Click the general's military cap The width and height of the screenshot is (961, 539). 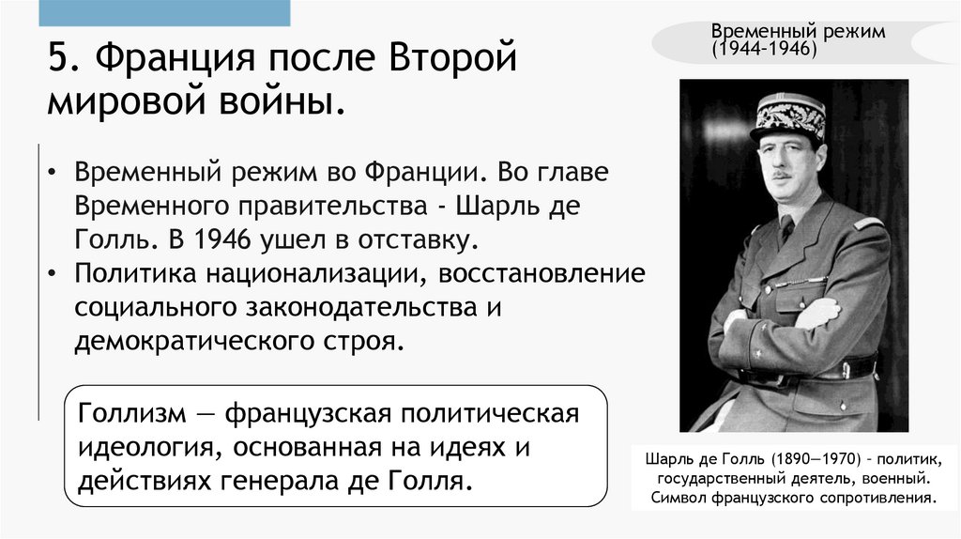(x=788, y=117)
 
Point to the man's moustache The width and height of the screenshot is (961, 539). (x=781, y=175)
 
